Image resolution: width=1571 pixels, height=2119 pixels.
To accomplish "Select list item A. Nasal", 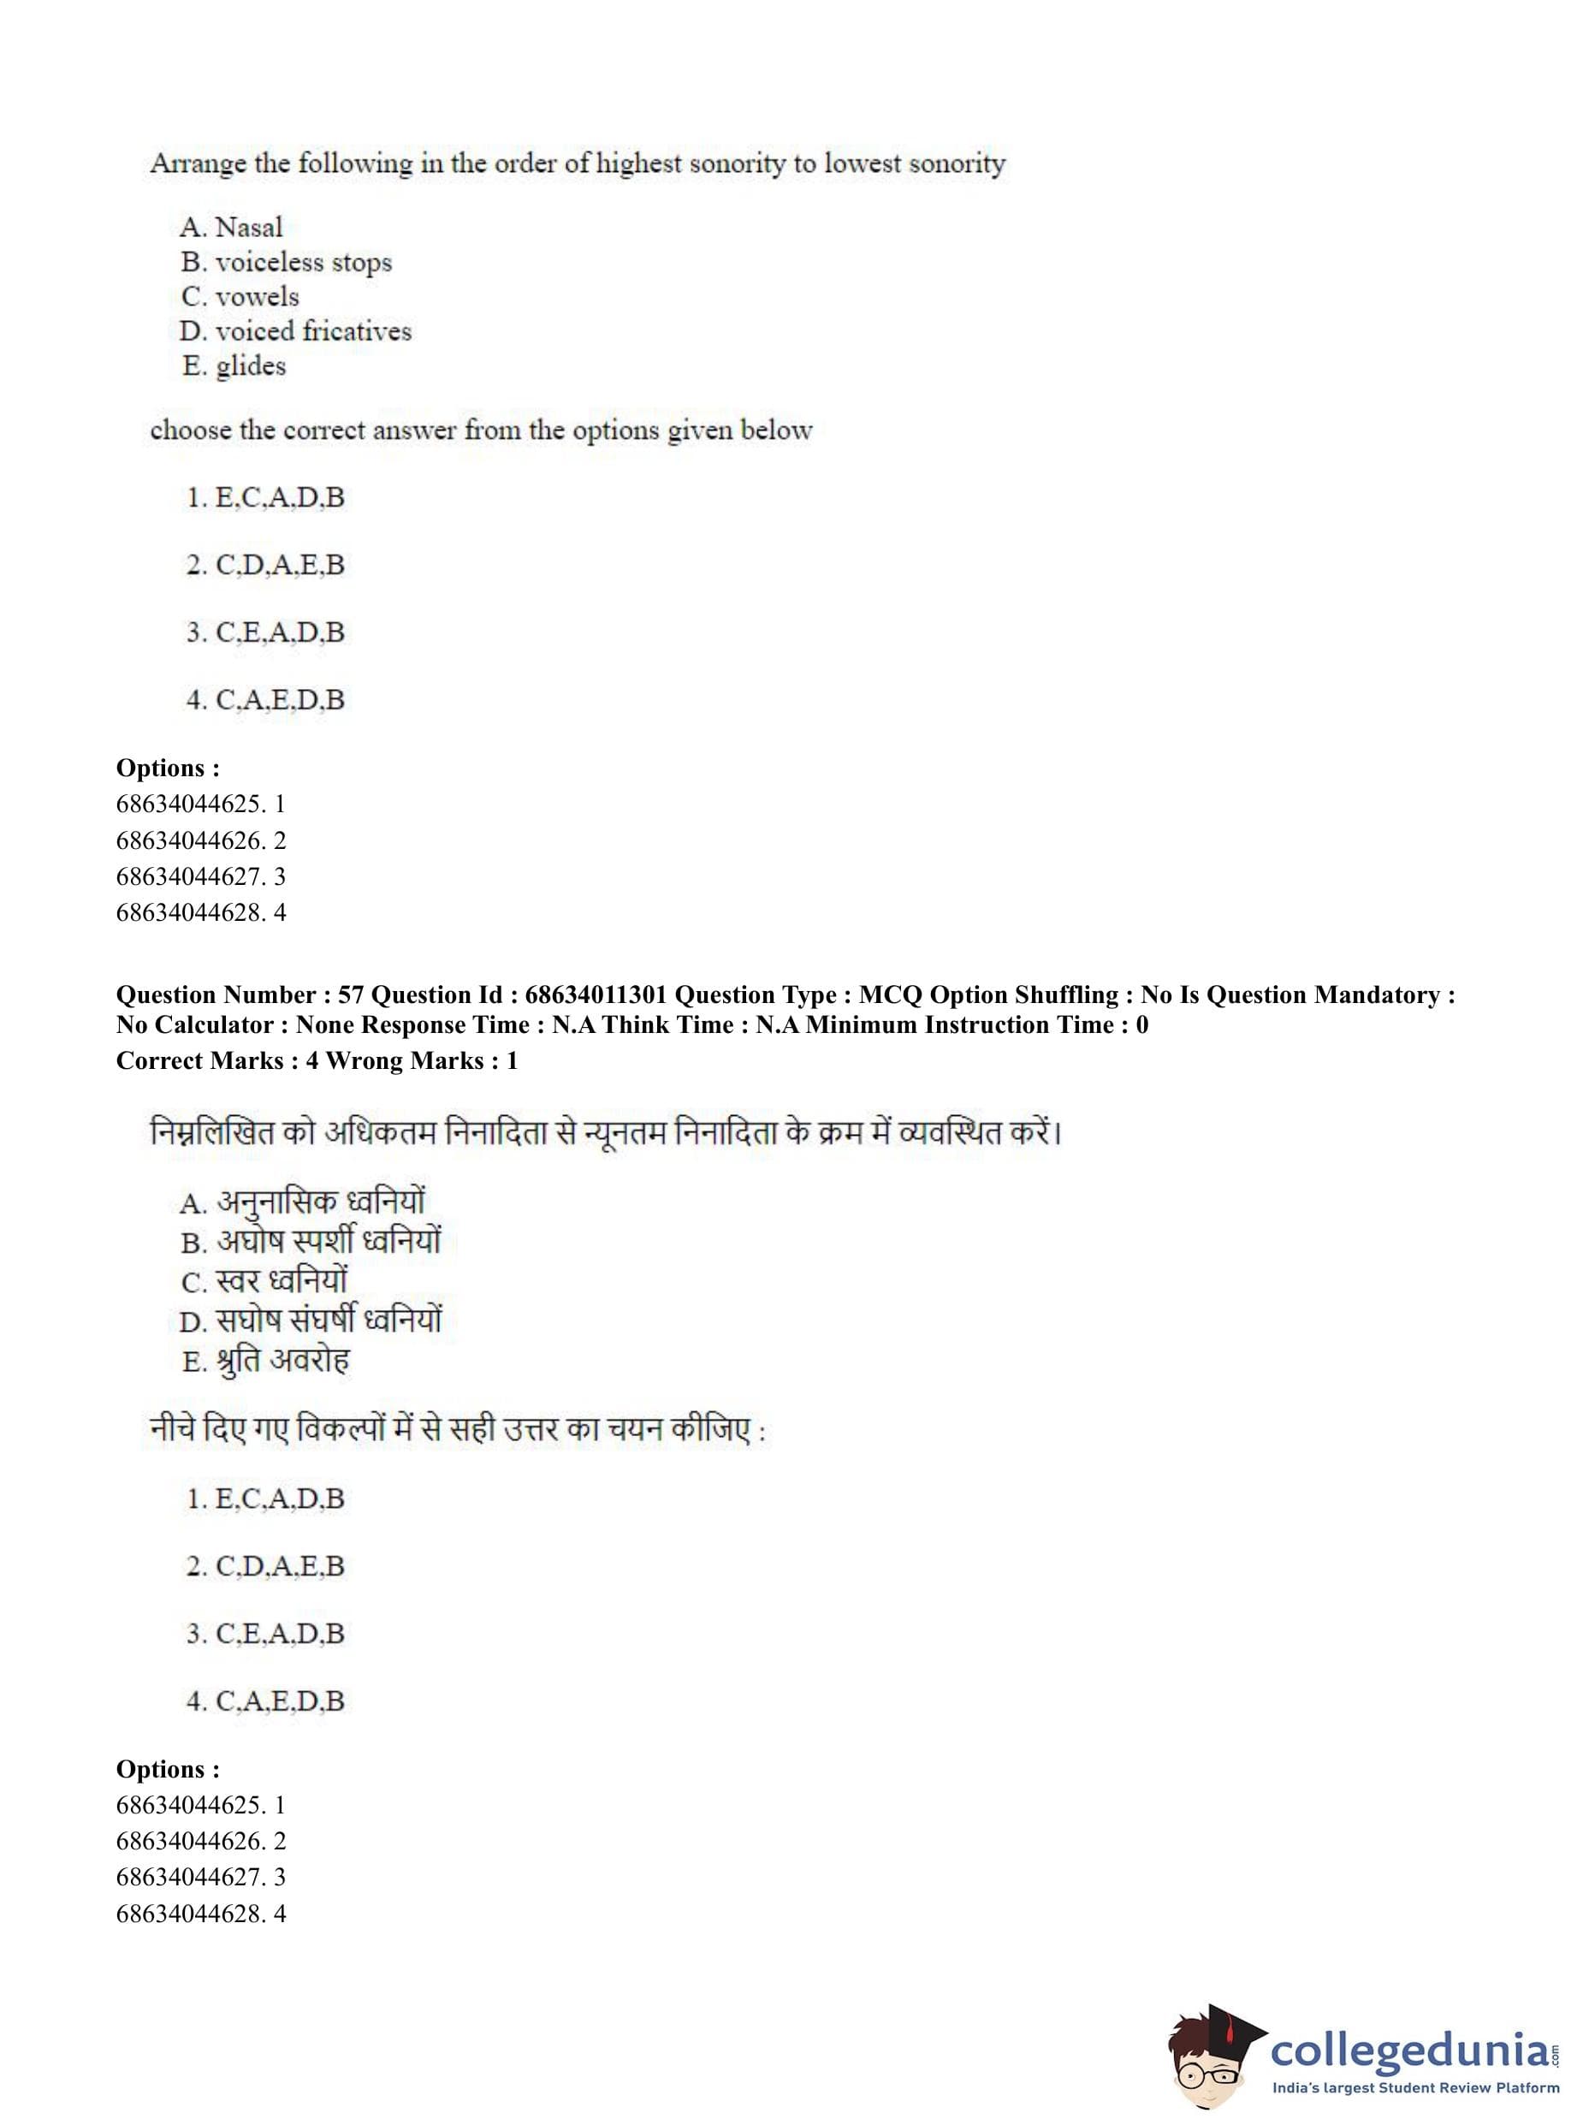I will point(231,228).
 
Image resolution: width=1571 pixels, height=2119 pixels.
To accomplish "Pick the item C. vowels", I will point(240,297).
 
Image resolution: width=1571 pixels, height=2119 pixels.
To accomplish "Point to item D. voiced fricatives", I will point(295,331).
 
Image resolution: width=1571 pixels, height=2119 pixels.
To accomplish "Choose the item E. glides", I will point(234,366).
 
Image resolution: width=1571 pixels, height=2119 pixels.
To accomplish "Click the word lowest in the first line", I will point(862,164).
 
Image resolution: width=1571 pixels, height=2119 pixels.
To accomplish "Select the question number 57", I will point(351,994).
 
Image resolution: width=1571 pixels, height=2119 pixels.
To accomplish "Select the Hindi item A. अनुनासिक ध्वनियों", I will point(302,1202).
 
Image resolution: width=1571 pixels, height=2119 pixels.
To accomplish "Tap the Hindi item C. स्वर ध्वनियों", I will point(264,1280).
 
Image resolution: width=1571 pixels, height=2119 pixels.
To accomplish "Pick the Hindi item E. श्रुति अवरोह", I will point(265,1360).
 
